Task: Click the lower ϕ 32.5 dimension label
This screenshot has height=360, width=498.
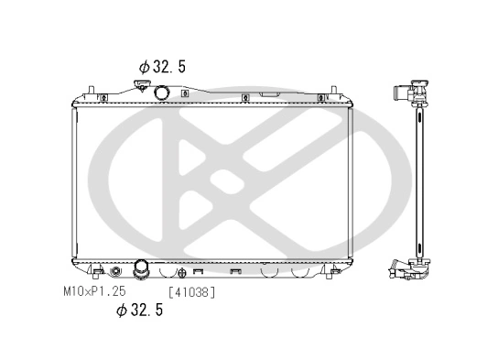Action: coord(139,310)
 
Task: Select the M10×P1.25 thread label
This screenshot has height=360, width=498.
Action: coord(93,291)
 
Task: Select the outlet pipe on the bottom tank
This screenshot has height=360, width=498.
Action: coord(142,269)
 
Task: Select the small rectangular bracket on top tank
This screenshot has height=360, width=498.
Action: coord(271,93)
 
